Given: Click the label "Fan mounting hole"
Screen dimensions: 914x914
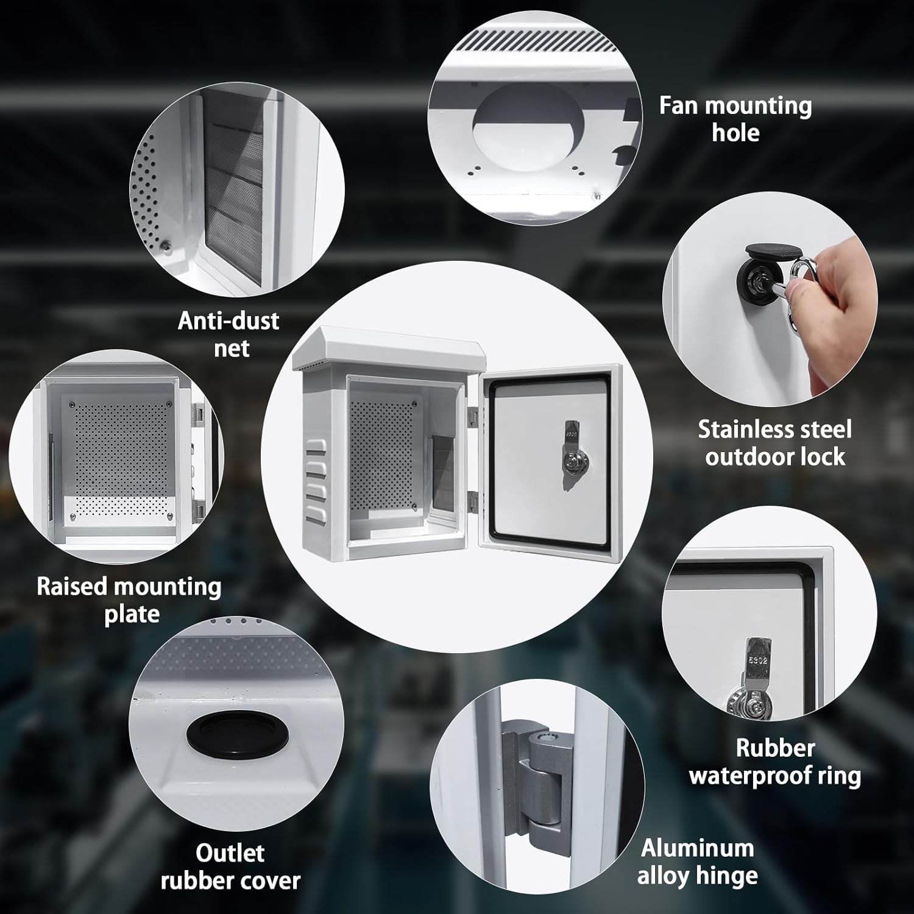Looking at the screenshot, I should tap(735, 119).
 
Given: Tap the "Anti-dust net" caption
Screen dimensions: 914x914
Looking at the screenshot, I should tap(228, 334).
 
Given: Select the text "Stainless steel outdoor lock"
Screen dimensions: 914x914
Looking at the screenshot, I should tap(774, 443).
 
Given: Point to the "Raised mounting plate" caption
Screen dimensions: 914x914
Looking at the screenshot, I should tap(129, 600).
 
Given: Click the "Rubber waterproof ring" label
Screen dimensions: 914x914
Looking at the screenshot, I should tap(774, 762).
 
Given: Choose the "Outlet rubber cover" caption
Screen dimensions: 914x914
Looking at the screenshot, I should tap(230, 866).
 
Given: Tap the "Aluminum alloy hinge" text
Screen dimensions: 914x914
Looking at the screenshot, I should tap(698, 862).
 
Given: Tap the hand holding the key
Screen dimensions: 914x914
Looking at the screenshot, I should tap(847, 286).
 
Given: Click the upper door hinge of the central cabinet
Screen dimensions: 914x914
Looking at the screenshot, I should tap(473, 416).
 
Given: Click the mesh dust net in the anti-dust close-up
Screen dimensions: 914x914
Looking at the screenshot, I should tap(235, 189).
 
